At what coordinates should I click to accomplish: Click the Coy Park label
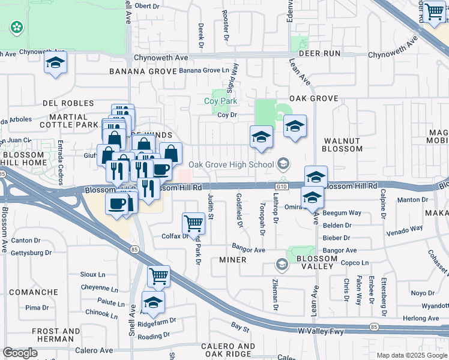(x=221, y=102)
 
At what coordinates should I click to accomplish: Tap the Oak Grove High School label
(x=231, y=164)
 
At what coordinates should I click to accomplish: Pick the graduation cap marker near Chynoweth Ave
(x=55, y=63)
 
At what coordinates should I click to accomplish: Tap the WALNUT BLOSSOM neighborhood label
(x=342, y=144)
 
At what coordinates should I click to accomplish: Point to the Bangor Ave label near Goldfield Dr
(x=249, y=250)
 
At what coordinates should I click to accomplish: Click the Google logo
(x=20, y=353)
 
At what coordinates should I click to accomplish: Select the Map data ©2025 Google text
(x=411, y=355)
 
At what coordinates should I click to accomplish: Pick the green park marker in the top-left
(x=16, y=27)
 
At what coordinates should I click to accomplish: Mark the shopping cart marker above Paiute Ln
(x=158, y=276)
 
